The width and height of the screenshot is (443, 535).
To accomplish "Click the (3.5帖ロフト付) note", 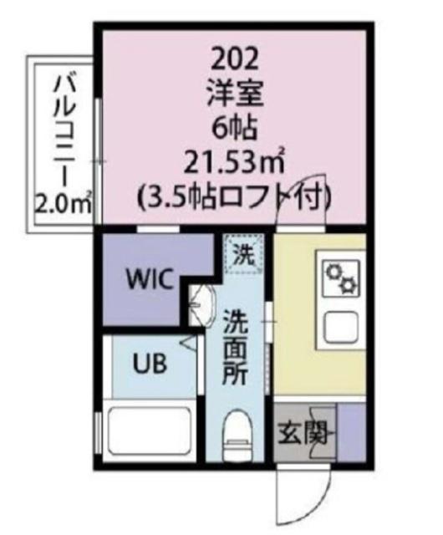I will (235, 198).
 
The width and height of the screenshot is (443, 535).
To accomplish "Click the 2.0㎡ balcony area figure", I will (64, 203).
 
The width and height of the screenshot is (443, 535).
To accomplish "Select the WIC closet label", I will (150, 278).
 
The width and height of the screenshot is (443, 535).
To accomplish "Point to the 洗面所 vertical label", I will (235, 347).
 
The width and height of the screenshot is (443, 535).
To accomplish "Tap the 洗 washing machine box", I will (243, 251).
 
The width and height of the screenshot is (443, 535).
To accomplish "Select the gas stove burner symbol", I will (342, 277).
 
